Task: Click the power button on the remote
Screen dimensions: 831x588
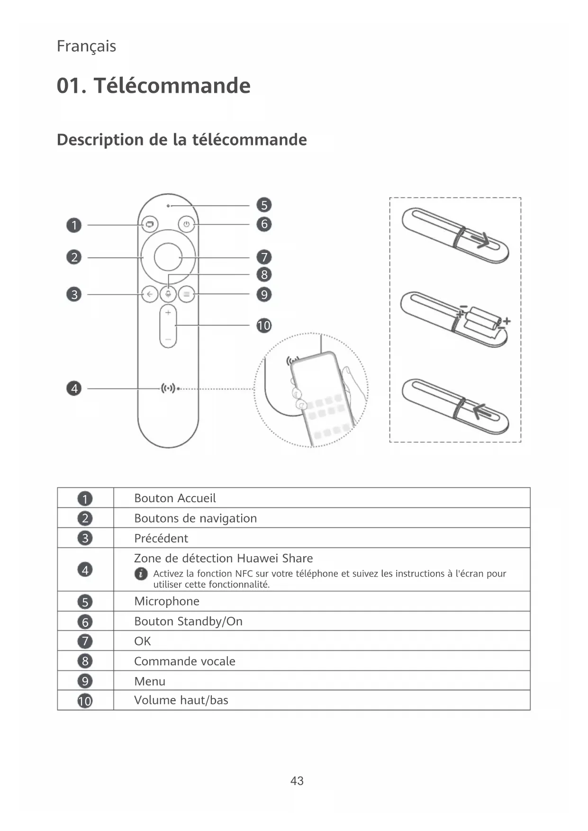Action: coord(187,224)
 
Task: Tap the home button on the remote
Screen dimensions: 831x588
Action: coord(150,224)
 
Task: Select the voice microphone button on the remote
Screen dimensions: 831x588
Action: coord(168,294)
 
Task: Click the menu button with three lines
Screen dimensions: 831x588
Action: coord(187,294)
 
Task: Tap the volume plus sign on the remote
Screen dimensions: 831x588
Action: coord(168,313)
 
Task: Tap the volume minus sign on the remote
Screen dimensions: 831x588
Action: coord(168,340)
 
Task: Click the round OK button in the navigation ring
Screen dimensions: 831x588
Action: coord(168,257)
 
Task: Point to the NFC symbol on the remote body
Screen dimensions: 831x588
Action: coord(168,388)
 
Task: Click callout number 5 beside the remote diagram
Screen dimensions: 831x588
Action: coord(264,205)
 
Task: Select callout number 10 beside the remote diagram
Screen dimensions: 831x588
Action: coord(264,325)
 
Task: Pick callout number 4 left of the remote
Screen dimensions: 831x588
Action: coord(74,388)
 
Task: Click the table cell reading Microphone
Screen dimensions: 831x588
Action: coord(167,601)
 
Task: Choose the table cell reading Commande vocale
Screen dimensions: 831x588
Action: coord(185,661)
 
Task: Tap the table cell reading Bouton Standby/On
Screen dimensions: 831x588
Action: coord(188,621)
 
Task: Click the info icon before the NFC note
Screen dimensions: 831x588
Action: coord(141,574)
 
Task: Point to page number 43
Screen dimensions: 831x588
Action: coord(297,781)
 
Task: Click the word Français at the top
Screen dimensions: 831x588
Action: coord(86,46)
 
